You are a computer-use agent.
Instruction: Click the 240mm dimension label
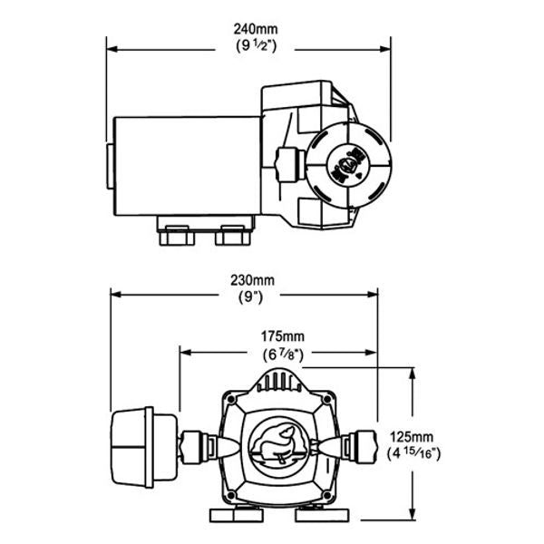248,29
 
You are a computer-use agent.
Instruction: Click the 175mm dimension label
281,335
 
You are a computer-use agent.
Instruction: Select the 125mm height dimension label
413,435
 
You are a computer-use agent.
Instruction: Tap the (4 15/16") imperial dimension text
413,452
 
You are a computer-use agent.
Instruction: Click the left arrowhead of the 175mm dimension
185,348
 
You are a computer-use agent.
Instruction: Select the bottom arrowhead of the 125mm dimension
413,517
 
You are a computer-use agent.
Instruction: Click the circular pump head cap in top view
348,164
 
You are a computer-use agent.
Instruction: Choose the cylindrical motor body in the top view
186,164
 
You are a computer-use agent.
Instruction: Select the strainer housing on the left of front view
142,447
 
